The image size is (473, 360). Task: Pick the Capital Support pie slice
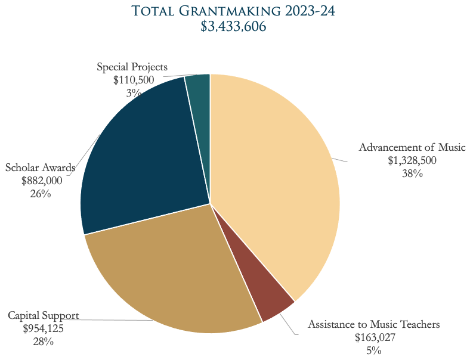point(173,274)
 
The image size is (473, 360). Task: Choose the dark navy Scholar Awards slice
point(143,155)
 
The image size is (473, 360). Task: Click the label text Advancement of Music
point(412,148)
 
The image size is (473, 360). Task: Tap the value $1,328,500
point(412,160)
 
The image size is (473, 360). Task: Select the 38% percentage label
point(412,173)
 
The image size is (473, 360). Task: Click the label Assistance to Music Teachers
point(373,325)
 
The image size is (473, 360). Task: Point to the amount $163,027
point(374,337)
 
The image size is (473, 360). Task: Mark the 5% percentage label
point(374,350)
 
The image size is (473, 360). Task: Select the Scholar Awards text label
point(41,167)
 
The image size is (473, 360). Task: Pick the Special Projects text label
point(132,67)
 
